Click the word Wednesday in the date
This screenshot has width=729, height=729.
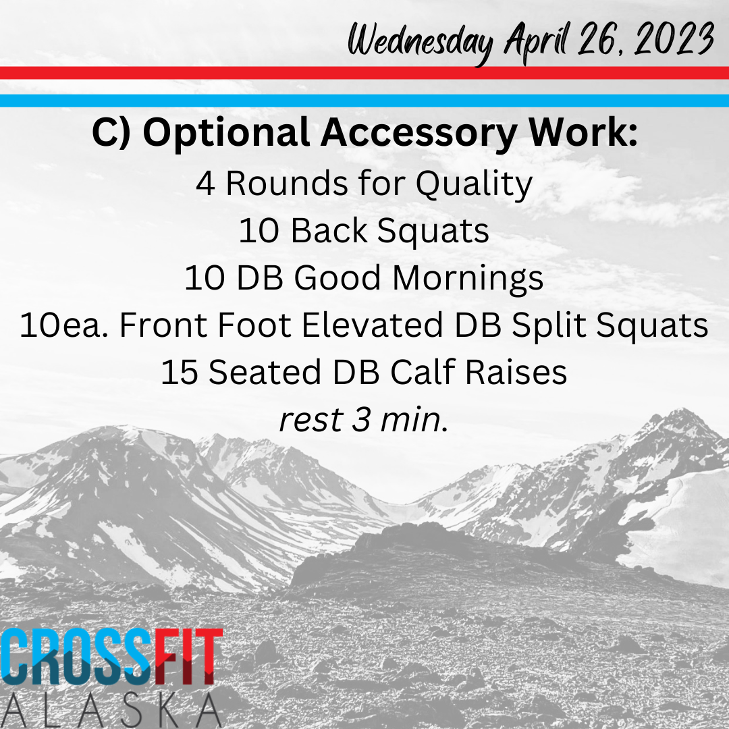coord(421,42)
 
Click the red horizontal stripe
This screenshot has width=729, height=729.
coord(364,73)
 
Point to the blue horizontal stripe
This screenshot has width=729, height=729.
coord(364,101)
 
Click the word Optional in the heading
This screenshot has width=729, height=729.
coord(226,134)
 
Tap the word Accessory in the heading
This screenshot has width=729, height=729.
coord(418,134)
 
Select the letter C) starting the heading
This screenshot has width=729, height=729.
coord(111,134)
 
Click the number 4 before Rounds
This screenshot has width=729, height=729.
coord(205,184)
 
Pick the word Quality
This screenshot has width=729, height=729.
coord(474,184)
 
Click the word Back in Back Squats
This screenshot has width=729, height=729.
coord(329,231)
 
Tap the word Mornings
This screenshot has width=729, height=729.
coord(468,279)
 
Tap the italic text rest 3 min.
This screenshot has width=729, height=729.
coord(364,420)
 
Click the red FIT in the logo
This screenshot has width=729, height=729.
coord(188,657)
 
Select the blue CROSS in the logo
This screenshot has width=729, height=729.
coord(77,657)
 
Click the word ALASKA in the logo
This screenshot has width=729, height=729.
coord(111,710)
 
